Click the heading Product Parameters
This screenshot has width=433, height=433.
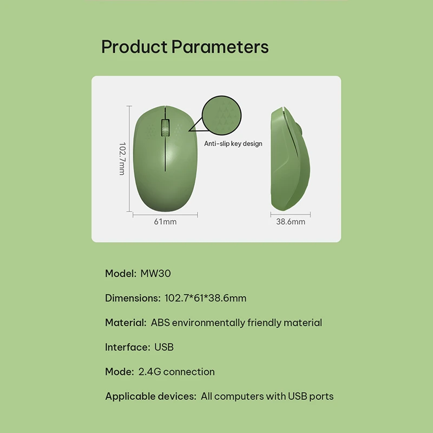pos(185,47)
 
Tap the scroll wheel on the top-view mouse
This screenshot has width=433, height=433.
pos(165,128)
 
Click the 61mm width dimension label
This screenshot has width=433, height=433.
pos(165,221)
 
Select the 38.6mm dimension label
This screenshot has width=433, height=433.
pos(291,221)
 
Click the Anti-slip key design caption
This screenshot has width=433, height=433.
pos(233,143)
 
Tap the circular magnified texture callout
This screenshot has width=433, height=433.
pos(221,115)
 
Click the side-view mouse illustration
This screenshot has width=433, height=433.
pos(291,159)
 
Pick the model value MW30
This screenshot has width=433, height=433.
pos(156,273)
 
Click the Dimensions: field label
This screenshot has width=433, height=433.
pos(133,298)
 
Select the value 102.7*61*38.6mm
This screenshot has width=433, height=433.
pos(206,298)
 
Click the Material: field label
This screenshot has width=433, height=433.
pos(126,323)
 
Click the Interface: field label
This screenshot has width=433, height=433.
pos(128,347)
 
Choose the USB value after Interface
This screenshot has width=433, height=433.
pos(164,347)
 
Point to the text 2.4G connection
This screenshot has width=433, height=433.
pos(176,372)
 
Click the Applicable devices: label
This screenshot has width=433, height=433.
pos(151,396)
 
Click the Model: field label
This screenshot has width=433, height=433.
pos(121,273)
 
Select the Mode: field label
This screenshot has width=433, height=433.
pos(120,372)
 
